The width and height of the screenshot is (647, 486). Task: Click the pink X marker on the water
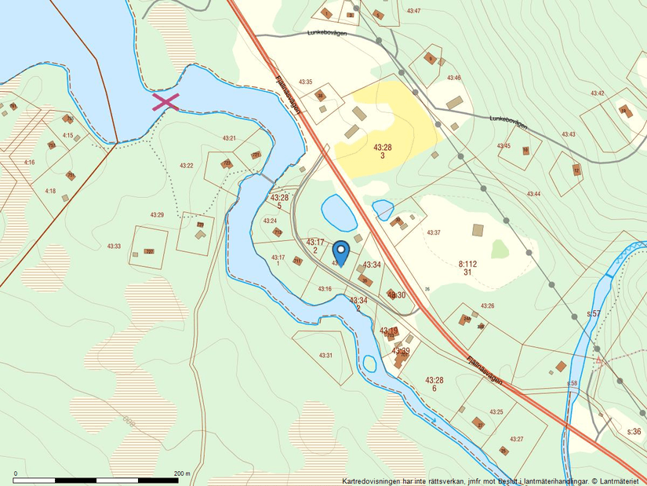pos(165,101)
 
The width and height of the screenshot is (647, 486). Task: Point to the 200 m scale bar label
pos(182,473)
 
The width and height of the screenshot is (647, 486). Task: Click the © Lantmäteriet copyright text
pos(614,481)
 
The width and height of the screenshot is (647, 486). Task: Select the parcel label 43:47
pos(414,11)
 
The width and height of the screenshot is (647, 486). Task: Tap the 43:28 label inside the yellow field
pos(383,147)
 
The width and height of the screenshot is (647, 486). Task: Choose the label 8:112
pos(467,264)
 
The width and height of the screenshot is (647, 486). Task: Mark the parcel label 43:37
pos(433,232)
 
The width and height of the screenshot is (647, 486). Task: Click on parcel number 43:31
pos(325,356)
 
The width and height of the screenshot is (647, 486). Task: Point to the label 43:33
pos(114,247)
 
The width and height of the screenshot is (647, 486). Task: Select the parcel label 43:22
pos(187,166)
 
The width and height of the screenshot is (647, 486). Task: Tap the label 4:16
pos(30,163)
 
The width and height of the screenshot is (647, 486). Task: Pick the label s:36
pos(634,432)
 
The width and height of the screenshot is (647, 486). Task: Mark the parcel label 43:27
pos(516,439)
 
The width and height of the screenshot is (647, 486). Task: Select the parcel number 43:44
pos(534,194)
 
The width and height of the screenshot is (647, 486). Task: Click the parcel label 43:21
pos(229,138)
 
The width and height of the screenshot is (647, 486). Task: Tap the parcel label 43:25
pos(496,411)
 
